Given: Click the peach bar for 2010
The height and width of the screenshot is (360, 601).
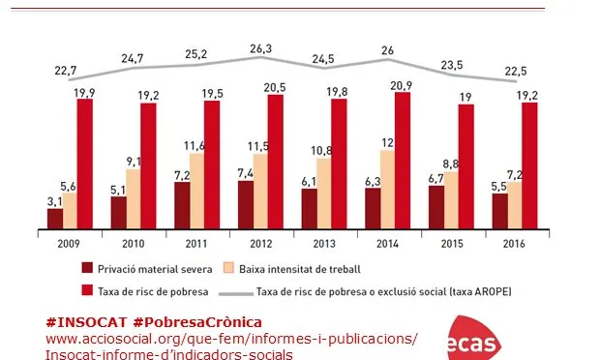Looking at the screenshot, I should (134, 198).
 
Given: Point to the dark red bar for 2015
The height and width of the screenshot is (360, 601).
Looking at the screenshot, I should (436, 206).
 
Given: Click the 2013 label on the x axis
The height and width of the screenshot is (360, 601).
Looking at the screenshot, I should (325, 242).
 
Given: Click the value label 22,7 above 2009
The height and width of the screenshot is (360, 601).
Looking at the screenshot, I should (67, 70).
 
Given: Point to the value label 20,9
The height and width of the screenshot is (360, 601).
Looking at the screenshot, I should (403, 86).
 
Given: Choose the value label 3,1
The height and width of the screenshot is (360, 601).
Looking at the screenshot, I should (54, 200).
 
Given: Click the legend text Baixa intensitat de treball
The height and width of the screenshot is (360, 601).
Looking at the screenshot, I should (300, 265).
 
